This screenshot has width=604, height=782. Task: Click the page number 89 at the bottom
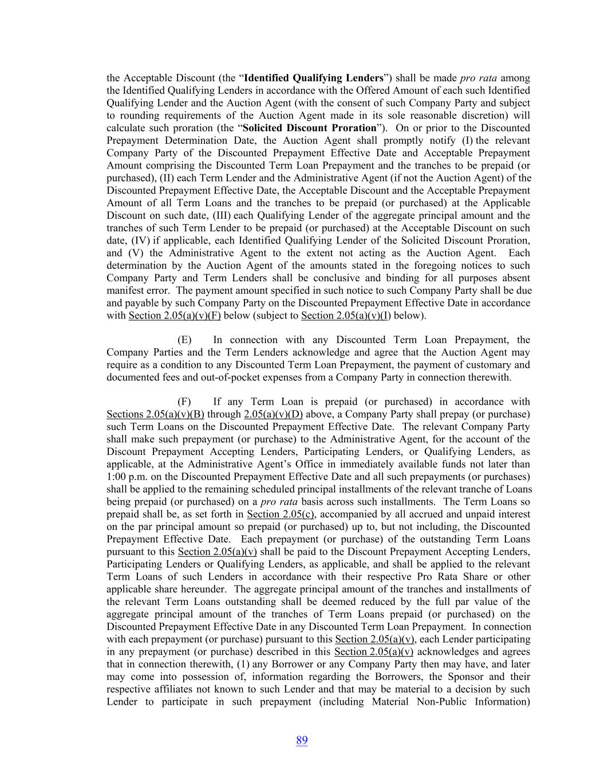tap(302, 740)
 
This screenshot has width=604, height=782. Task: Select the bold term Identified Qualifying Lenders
tap(314, 78)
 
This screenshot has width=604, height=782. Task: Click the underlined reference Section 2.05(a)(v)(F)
tap(175, 316)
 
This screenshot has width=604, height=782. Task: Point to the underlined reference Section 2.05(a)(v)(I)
tap(346, 316)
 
